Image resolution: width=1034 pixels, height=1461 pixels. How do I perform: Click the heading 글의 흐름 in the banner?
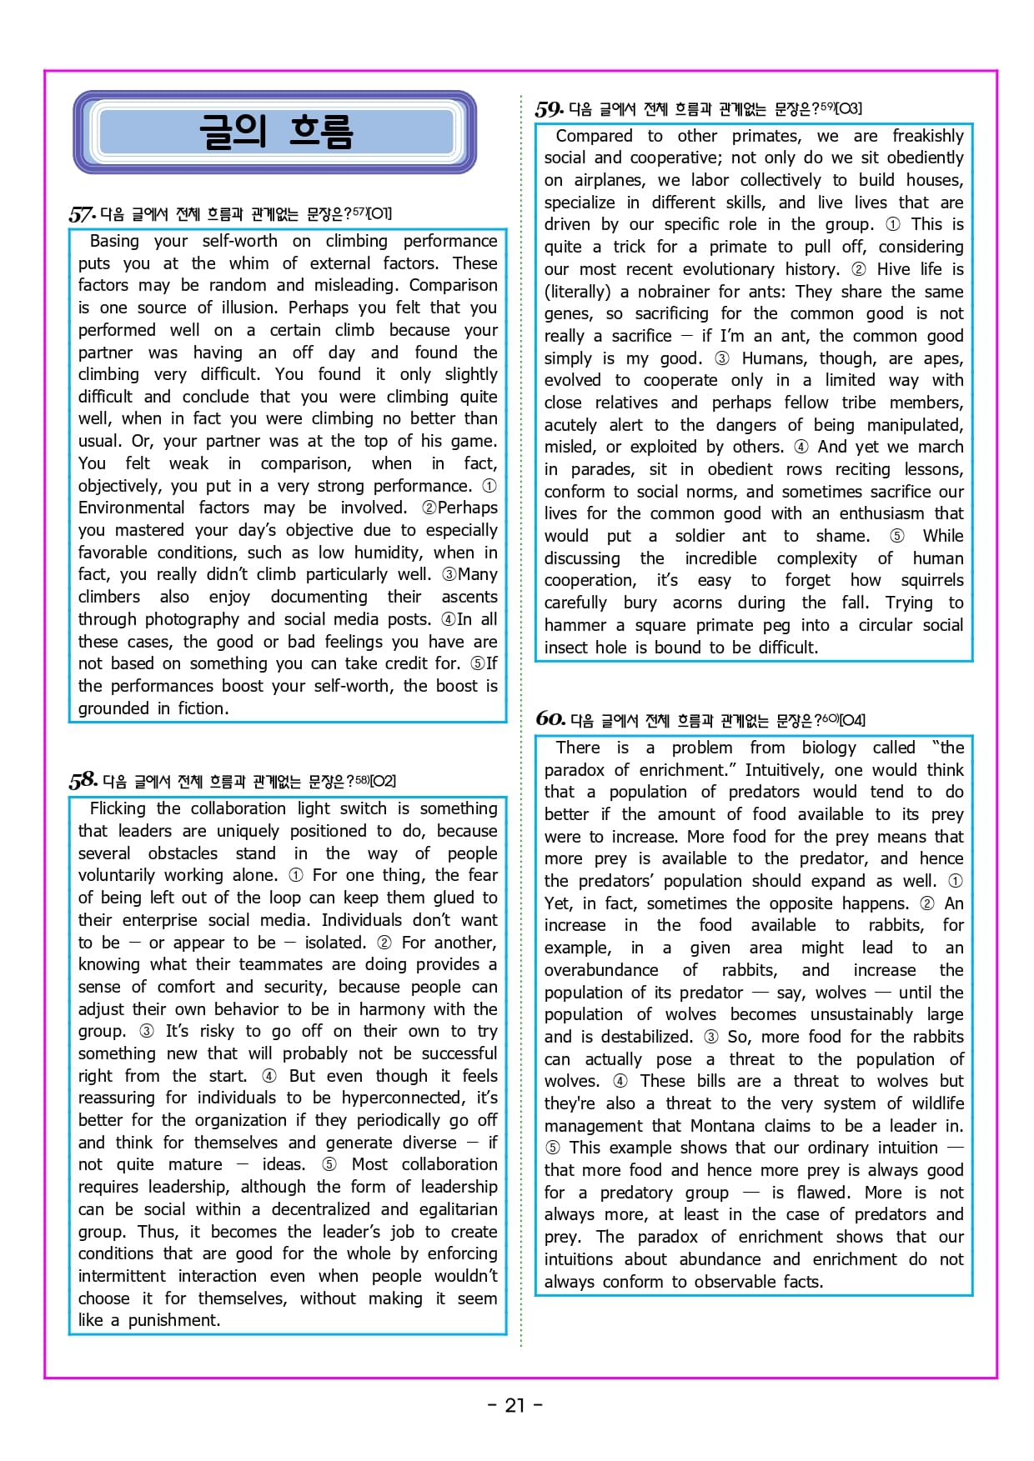pyautogui.click(x=275, y=132)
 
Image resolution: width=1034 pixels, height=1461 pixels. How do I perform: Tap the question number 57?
pyautogui.click(x=81, y=214)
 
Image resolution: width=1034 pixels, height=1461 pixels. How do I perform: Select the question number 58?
pyautogui.click(x=83, y=781)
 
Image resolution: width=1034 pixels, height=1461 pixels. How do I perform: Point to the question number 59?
pyautogui.click(x=549, y=109)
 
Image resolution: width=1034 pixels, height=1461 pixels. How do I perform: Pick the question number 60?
pyautogui.click(x=550, y=719)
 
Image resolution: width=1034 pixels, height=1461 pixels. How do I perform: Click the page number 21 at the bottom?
pyautogui.click(x=514, y=1405)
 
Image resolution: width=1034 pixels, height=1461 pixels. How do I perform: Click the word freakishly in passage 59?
pyautogui.click(x=927, y=136)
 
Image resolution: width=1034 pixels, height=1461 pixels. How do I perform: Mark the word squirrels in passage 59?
pyautogui.click(x=931, y=580)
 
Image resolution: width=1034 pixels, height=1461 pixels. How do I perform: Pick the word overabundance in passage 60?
pyautogui.click(x=600, y=970)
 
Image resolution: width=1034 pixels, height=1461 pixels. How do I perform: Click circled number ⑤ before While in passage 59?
pyautogui.click(x=896, y=536)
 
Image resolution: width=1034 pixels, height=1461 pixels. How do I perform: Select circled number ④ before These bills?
pyautogui.click(x=620, y=1081)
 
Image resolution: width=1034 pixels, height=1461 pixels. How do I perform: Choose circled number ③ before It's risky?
pyautogui.click(x=147, y=1031)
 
